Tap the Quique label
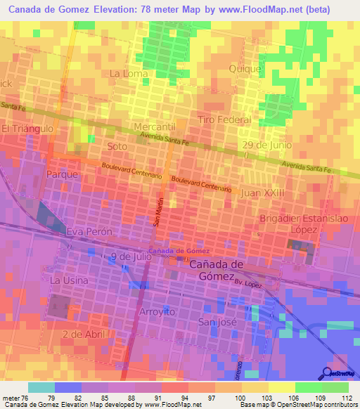point(245,69)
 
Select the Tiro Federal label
point(224,120)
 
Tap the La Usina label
point(69,280)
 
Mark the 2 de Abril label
point(83,334)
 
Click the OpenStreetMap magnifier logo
point(326,374)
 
